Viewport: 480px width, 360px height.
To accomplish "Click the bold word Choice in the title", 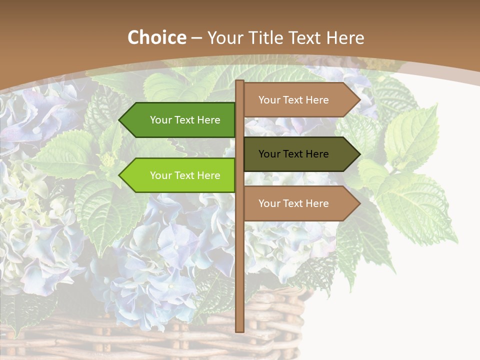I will (x=156, y=38).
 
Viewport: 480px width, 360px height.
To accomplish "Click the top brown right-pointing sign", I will (x=297, y=100).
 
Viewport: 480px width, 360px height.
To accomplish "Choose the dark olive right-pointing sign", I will (x=297, y=154).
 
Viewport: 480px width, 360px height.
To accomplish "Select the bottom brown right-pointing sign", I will (x=297, y=203).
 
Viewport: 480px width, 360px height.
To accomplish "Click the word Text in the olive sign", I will (x=294, y=154).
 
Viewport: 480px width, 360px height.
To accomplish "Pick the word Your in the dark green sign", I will (x=160, y=120).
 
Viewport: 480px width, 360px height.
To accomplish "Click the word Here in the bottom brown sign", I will (x=316, y=203).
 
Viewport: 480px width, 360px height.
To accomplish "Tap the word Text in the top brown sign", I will (x=294, y=100).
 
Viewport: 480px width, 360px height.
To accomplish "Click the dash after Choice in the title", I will (x=196, y=38).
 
